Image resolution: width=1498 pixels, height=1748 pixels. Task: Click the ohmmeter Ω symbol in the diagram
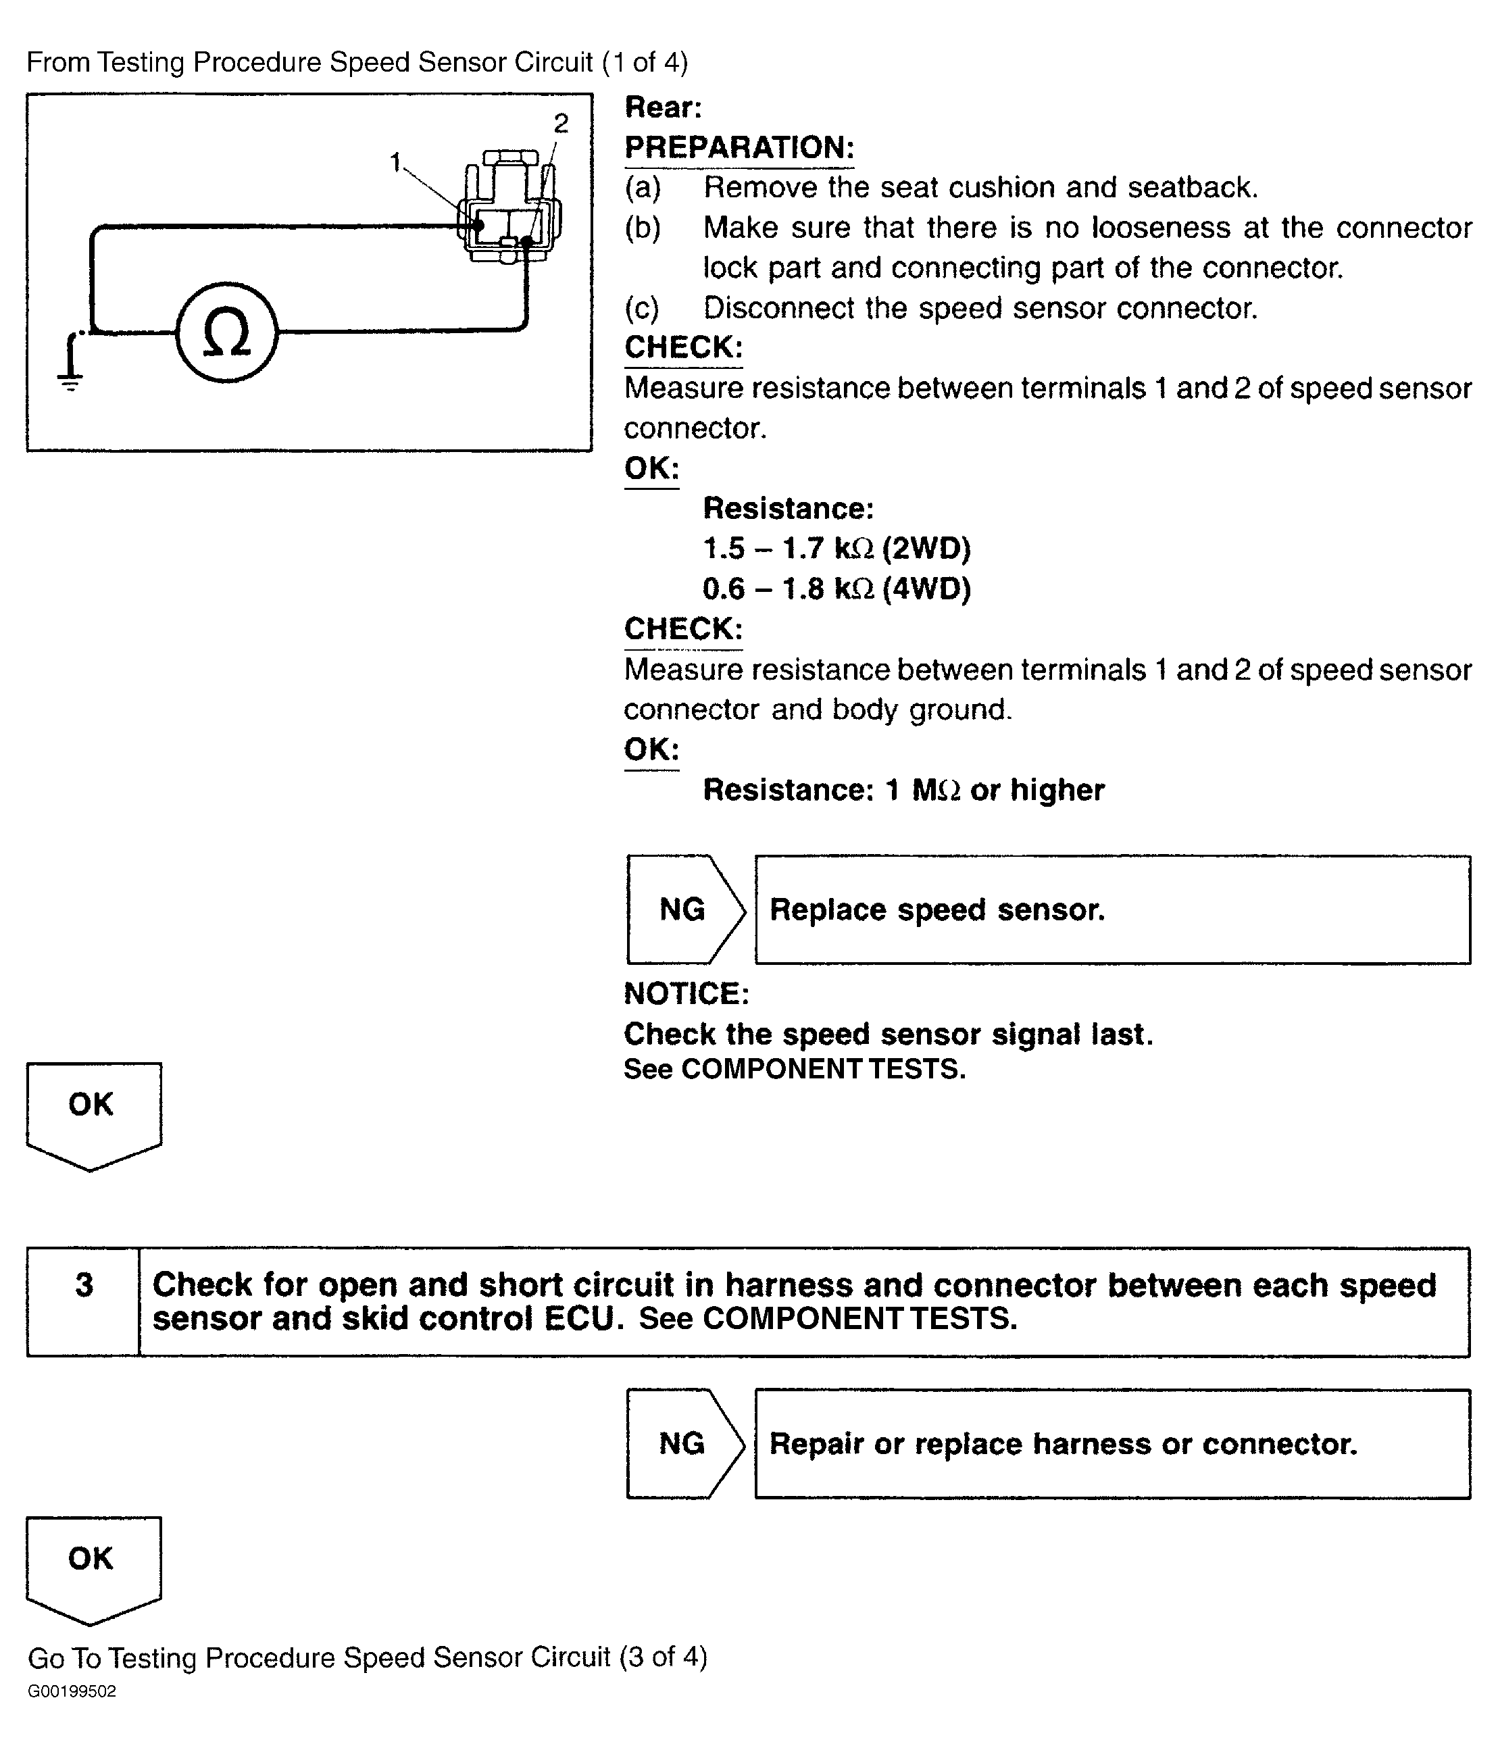tap(226, 332)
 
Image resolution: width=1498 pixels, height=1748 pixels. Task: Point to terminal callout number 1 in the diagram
tap(395, 163)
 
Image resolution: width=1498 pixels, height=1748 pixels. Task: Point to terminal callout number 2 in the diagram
tap(561, 124)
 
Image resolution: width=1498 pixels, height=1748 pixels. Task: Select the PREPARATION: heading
tap(739, 147)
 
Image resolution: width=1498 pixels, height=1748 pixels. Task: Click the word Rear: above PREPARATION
tap(663, 107)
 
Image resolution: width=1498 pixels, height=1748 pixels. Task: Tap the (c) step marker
tap(642, 308)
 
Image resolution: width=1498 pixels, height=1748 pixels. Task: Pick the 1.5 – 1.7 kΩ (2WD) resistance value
tap(837, 549)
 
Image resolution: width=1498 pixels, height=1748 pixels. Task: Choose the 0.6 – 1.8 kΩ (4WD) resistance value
tap(837, 589)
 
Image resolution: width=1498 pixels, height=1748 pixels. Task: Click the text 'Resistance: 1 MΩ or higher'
tap(903, 790)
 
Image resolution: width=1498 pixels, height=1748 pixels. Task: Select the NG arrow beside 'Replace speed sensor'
tap(684, 909)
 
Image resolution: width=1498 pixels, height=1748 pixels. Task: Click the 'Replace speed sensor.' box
tap(1112, 909)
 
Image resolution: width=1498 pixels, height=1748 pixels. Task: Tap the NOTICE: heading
tap(686, 994)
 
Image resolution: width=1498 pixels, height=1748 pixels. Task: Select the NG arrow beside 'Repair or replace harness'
tap(684, 1443)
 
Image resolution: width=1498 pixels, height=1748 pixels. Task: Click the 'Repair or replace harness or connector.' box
tap(1112, 1443)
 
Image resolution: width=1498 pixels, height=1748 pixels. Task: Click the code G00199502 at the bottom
tap(72, 1691)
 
